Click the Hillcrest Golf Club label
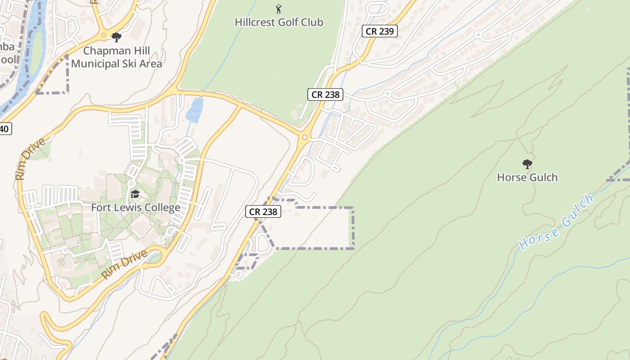[x=279, y=22]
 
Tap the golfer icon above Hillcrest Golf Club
[x=279, y=9]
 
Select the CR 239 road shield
[x=379, y=31]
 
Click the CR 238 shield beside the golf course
[x=325, y=94]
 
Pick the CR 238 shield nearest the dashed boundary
[x=263, y=211]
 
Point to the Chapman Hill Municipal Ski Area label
[x=116, y=57]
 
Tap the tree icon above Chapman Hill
[x=117, y=37]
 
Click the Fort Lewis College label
[x=135, y=207]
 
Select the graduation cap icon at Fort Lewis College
[x=135, y=194]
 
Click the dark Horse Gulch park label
[x=527, y=177]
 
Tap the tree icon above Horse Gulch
[x=527, y=164]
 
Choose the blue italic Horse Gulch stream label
[x=556, y=222]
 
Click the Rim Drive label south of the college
[x=124, y=264]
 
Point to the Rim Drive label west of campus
[x=31, y=159]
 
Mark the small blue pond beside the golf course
[x=194, y=110]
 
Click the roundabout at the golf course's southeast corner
[x=305, y=137]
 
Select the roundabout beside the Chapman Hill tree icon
[x=104, y=35]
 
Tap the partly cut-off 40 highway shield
[x=4, y=129]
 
